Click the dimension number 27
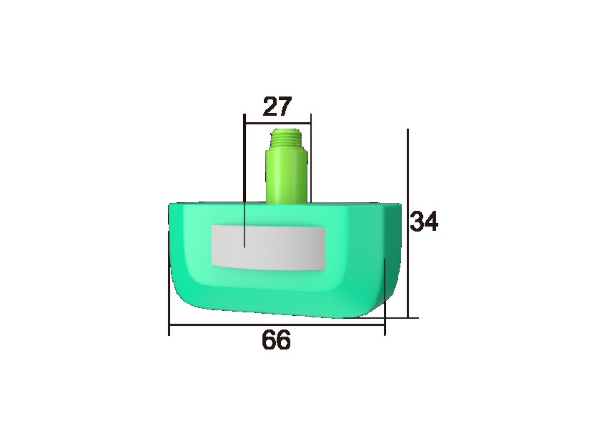277,107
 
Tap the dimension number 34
424,222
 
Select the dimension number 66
276,341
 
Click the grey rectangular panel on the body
269,247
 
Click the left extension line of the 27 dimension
245,179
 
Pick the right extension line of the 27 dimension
310,157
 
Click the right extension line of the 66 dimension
385,293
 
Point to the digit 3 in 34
416,222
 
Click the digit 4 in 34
431,222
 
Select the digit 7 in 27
285,107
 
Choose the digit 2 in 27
270,107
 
